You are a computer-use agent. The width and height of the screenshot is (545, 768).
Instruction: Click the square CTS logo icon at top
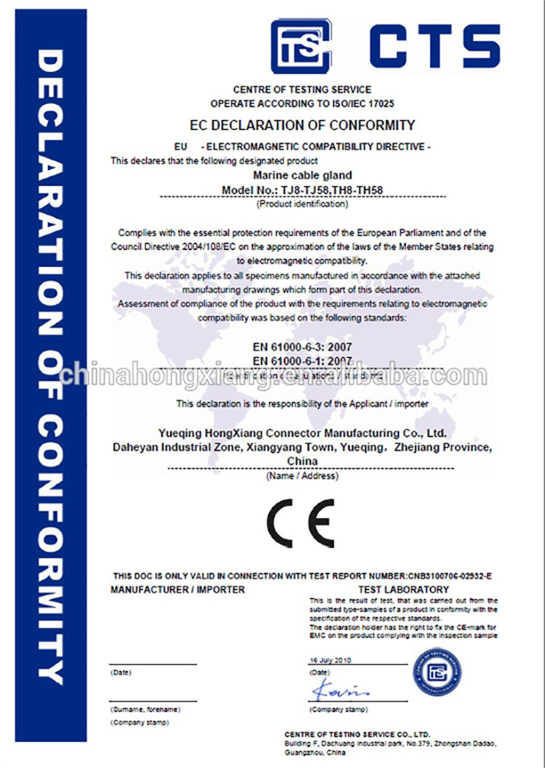pyautogui.click(x=300, y=46)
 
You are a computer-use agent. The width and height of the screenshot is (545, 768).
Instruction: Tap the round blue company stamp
pyautogui.click(x=437, y=672)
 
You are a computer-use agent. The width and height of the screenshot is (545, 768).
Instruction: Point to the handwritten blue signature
pyautogui.click(x=340, y=690)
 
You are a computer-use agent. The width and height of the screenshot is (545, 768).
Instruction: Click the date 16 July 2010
pyautogui.click(x=330, y=660)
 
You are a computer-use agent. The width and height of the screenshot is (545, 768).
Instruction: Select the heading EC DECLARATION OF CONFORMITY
pyautogui.click(x=302, y=125)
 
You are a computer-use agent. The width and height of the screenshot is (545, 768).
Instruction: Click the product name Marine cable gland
pyautogui.click(x=302, y=176)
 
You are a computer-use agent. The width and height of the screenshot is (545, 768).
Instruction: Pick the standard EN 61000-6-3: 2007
pyautogui.click(x=302, y=348)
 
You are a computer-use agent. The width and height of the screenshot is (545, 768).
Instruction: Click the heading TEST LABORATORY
pyautogui.click(x=403, y=589)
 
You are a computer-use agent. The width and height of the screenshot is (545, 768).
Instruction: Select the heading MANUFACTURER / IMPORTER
pyautogui.click(x=178, y=589)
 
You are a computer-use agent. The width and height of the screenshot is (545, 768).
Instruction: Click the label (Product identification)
pyautogui.click(x=302, y=204)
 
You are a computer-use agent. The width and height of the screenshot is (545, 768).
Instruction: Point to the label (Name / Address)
pyautogui.click(x=302, y=476)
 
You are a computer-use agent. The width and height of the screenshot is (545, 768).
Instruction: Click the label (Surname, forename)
pyautogui.click(x=145, y=709)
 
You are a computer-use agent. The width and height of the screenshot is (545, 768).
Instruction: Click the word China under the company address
pyautogui.click(x=302, y=461)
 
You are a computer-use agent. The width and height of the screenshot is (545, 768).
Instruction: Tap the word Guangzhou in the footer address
pyautogui.click(x=302, y=753)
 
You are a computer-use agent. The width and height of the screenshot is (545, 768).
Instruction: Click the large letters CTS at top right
pyautogui.click(x=434, y=46)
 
